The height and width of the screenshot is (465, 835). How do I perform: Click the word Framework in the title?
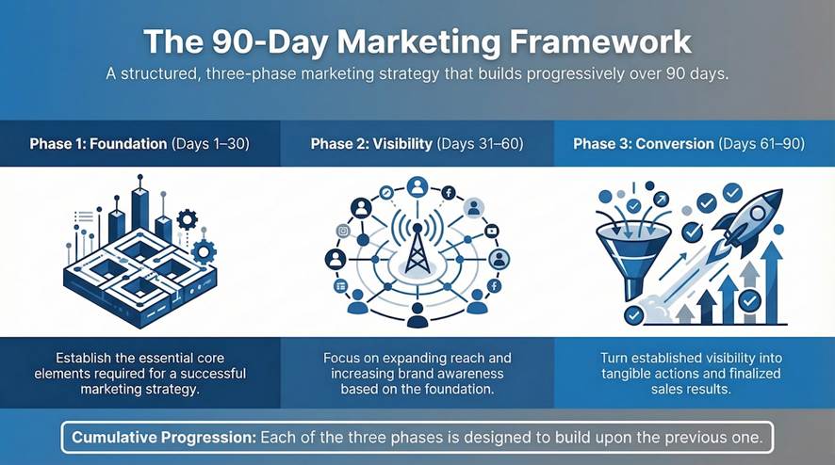tap(600, 42)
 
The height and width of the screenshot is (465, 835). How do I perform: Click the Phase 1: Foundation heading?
tap(98, 144)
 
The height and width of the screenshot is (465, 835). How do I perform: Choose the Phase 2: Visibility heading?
tap(371, 144)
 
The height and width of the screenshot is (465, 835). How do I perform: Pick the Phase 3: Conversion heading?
tap(644, 144)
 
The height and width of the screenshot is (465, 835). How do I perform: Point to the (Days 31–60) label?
tap(480, 144)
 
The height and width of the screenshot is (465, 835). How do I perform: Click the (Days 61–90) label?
tap(761, 144)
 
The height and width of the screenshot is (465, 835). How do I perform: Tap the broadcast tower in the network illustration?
tap(417, 249)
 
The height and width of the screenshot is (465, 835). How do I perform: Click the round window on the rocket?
tap(759, 214)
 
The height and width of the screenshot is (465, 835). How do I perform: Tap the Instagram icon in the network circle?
tap(343, 231)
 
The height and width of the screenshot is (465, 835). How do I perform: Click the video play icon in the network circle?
tap(492, 231)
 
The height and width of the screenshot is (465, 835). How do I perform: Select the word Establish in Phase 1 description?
tap(84, 358)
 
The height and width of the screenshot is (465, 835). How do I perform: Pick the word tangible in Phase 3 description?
tap(629, 374)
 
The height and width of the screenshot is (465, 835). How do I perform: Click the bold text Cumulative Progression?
tap(164, 438)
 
